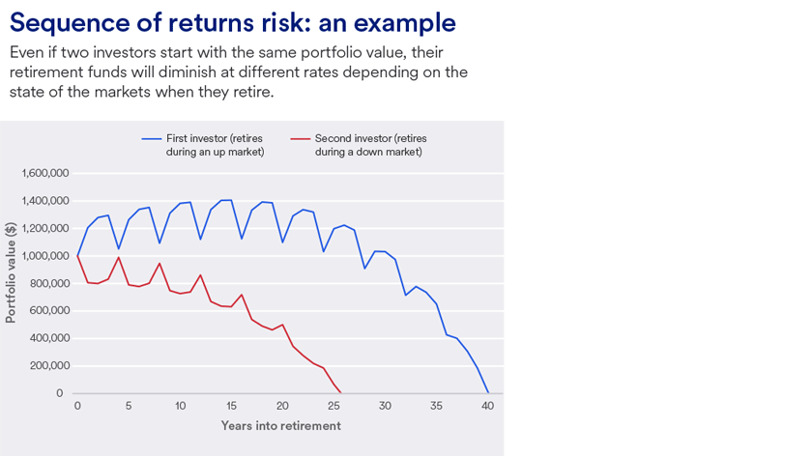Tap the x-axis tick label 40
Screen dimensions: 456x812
(488, 406)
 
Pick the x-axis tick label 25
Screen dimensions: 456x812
(334, 406)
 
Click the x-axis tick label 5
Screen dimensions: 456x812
(129, 406)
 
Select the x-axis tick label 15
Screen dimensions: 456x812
(231, 406)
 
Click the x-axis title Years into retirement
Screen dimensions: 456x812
(280, 425)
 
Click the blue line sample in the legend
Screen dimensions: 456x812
(151, 139)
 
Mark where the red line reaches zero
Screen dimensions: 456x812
(341, 393)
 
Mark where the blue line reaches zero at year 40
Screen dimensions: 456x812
(488, 393)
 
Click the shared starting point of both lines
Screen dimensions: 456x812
(77, 256)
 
